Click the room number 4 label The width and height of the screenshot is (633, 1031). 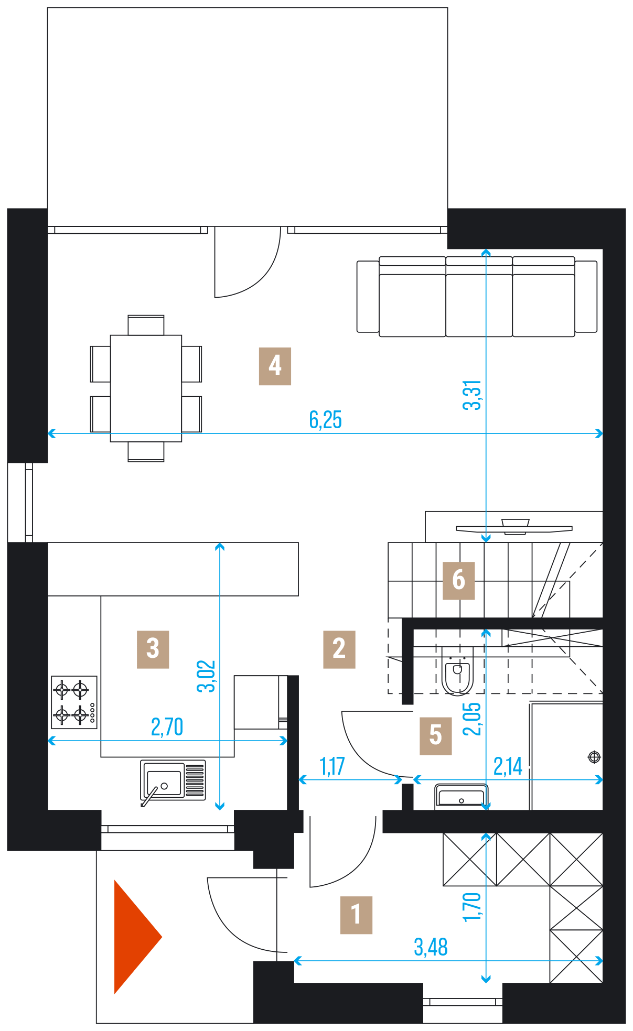(275, 366)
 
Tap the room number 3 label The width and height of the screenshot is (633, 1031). (153, 649)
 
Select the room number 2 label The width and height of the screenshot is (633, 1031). (339, 649)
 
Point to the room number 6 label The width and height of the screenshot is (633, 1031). (459, 580)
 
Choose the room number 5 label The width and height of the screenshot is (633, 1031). (436, 735)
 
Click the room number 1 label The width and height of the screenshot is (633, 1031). (356, 915)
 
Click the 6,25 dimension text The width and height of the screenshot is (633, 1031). (325, 420)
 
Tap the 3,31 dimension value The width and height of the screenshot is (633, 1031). (472, 395)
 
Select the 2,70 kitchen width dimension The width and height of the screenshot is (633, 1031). (167, 727)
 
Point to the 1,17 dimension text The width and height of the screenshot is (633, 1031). (332, 766)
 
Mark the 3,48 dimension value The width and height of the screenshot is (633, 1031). (431, 947)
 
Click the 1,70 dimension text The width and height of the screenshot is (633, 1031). (472, 906)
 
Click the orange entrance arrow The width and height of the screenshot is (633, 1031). (138, 937)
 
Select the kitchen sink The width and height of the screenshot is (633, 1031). (173, 780)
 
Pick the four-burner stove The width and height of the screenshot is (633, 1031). (74, 702)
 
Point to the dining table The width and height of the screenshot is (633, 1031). (146, 388)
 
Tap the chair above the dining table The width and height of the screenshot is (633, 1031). (146, 325)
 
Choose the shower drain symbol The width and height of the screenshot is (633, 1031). (594, 757)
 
